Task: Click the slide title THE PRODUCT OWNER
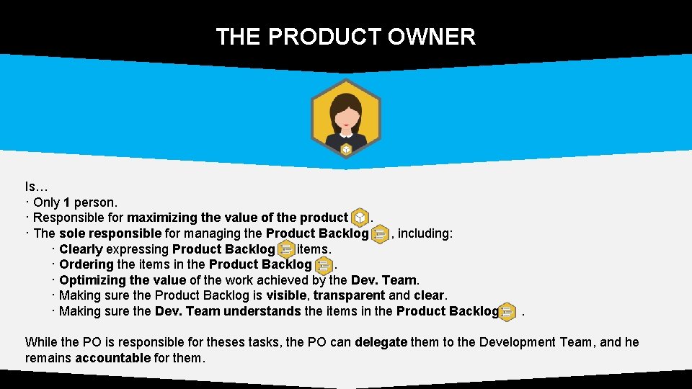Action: tap(346, 37)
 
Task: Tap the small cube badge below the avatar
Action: tap(346, 149)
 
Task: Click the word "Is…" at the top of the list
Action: tap(37, 187)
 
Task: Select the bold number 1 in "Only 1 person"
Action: tap(67, 202)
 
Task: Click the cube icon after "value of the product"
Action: tap(360, 218)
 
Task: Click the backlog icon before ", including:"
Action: tap(380, 233)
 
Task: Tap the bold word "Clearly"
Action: tap(81, 249)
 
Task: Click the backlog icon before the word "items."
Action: tap(285, 249)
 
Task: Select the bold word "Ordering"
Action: tap(86, 264)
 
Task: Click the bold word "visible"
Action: tap(288, 295)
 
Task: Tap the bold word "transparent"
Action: tap(349, 295)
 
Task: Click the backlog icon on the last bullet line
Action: tap(507, 311)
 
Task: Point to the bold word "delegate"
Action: tap(381, 342)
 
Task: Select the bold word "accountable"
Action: tap(113, 358)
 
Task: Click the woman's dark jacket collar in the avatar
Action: tap(346, 135)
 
